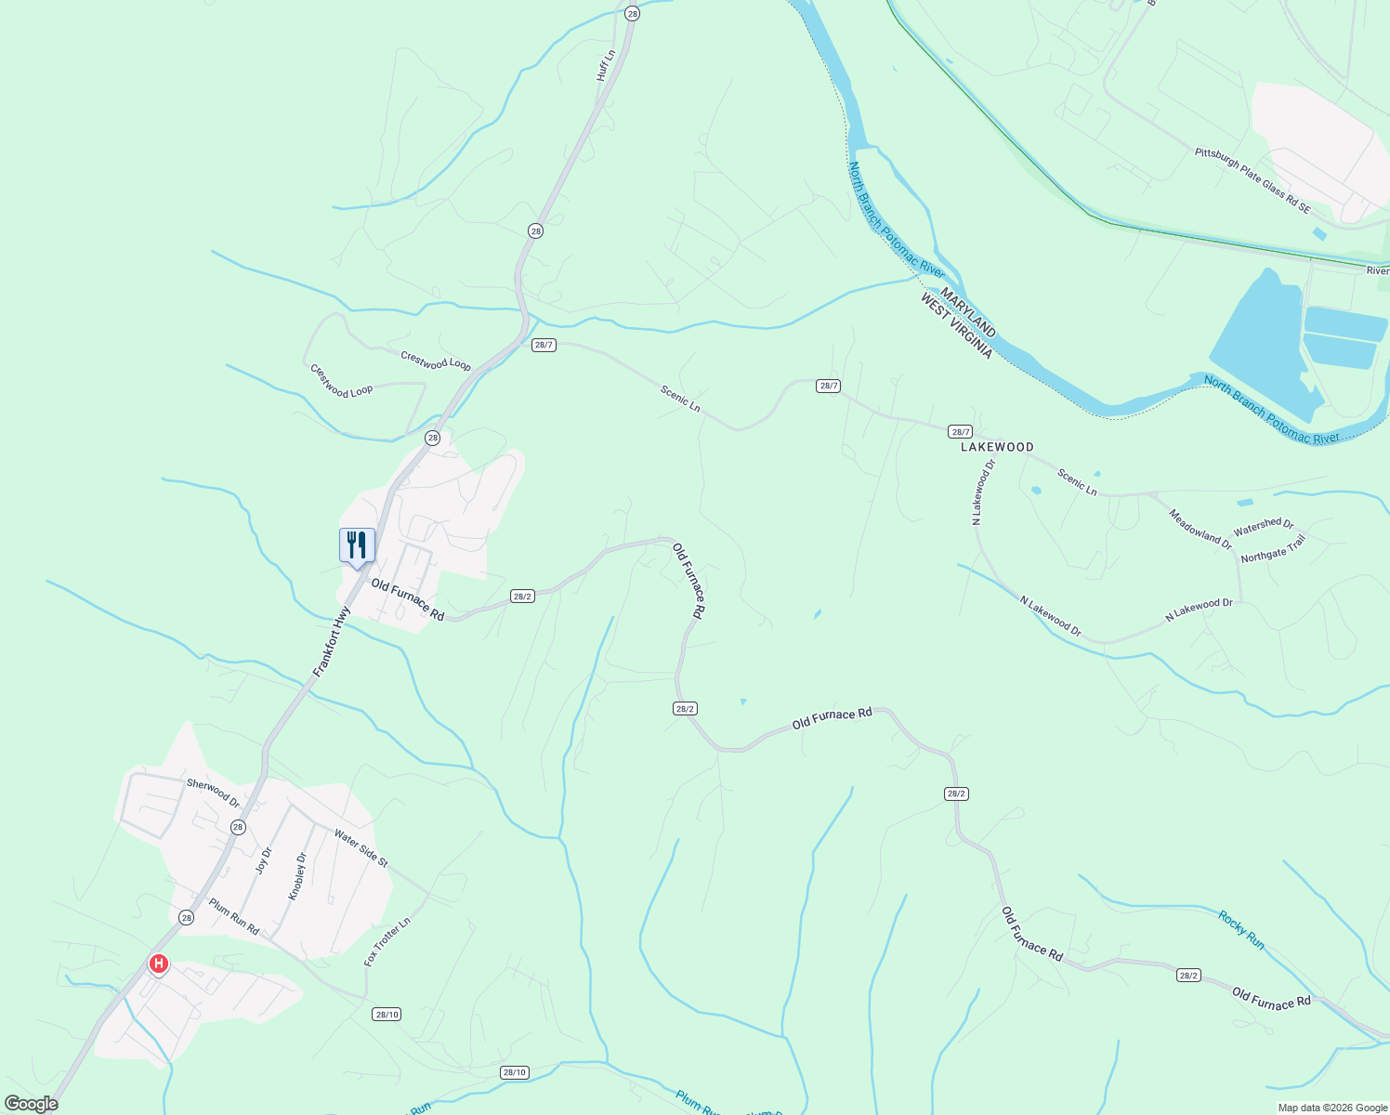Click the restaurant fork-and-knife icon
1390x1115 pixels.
357,544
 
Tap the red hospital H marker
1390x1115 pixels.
159,964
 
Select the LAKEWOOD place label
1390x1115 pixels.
997,447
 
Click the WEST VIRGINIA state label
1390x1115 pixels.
956,326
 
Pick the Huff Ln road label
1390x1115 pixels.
606,65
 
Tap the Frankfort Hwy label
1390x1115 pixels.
331,641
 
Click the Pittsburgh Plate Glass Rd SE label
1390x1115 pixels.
1252,180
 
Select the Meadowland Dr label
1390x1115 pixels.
1200,530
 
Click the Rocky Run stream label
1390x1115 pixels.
1241,929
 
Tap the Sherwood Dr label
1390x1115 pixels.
213,792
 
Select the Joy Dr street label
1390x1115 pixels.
264,859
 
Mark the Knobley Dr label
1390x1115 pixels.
297,876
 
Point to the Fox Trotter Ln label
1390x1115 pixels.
387,942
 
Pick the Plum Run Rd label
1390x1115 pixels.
233,916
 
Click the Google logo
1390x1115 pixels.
31,1104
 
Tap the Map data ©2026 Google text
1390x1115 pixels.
1331,1108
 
